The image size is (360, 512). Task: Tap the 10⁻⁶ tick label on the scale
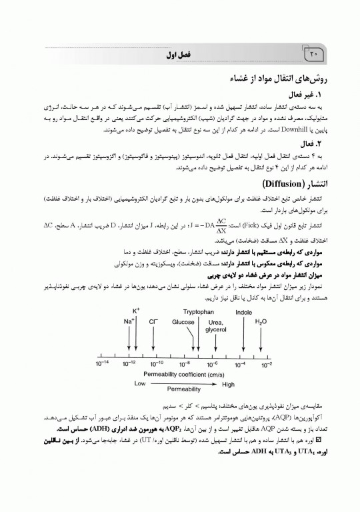pyautogui.click(x=213, y=365)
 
